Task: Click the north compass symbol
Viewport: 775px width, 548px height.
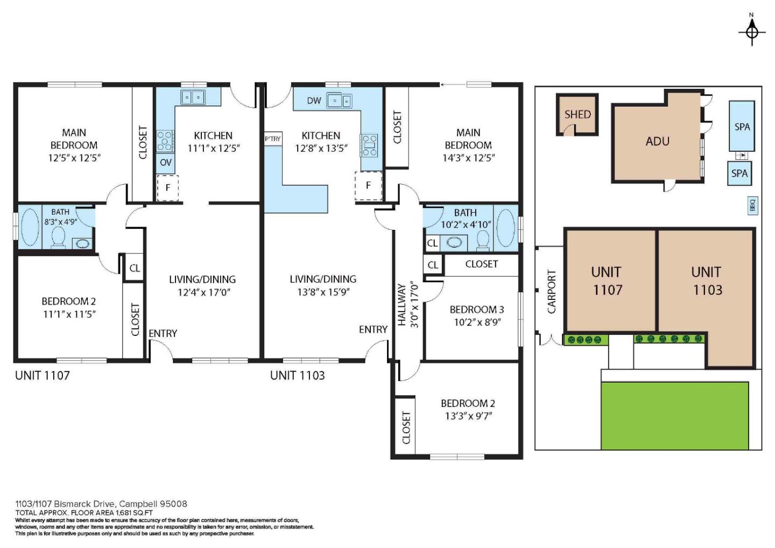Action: point(752,32)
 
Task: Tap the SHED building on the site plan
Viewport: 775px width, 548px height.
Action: point(577,115)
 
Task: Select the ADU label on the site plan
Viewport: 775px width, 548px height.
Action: point(657,141)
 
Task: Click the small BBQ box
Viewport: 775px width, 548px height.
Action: point(752,205)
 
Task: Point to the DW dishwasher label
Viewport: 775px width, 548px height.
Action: point(314,101)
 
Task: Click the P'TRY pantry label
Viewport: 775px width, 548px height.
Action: point(273,139)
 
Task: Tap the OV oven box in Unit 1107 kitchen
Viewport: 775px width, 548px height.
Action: point(166,163)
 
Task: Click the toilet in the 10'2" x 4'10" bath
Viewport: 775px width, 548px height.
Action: point(483,240)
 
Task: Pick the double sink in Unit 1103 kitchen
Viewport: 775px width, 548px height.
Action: point(339,101)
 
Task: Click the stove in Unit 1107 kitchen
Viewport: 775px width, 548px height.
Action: point(165,140)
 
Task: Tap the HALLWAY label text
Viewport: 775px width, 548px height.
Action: point(401,305)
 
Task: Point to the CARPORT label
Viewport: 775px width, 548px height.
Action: point(551,291)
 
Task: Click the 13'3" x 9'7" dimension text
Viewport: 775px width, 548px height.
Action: point(468,416)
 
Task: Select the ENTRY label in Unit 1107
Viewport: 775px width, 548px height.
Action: point(163,333)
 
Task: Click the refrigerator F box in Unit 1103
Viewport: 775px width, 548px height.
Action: point(368,186)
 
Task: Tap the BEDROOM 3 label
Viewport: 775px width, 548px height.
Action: point(476,310)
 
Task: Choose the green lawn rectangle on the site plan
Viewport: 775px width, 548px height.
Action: point(674,415)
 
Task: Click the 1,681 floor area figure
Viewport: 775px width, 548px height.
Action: point(124,512)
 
